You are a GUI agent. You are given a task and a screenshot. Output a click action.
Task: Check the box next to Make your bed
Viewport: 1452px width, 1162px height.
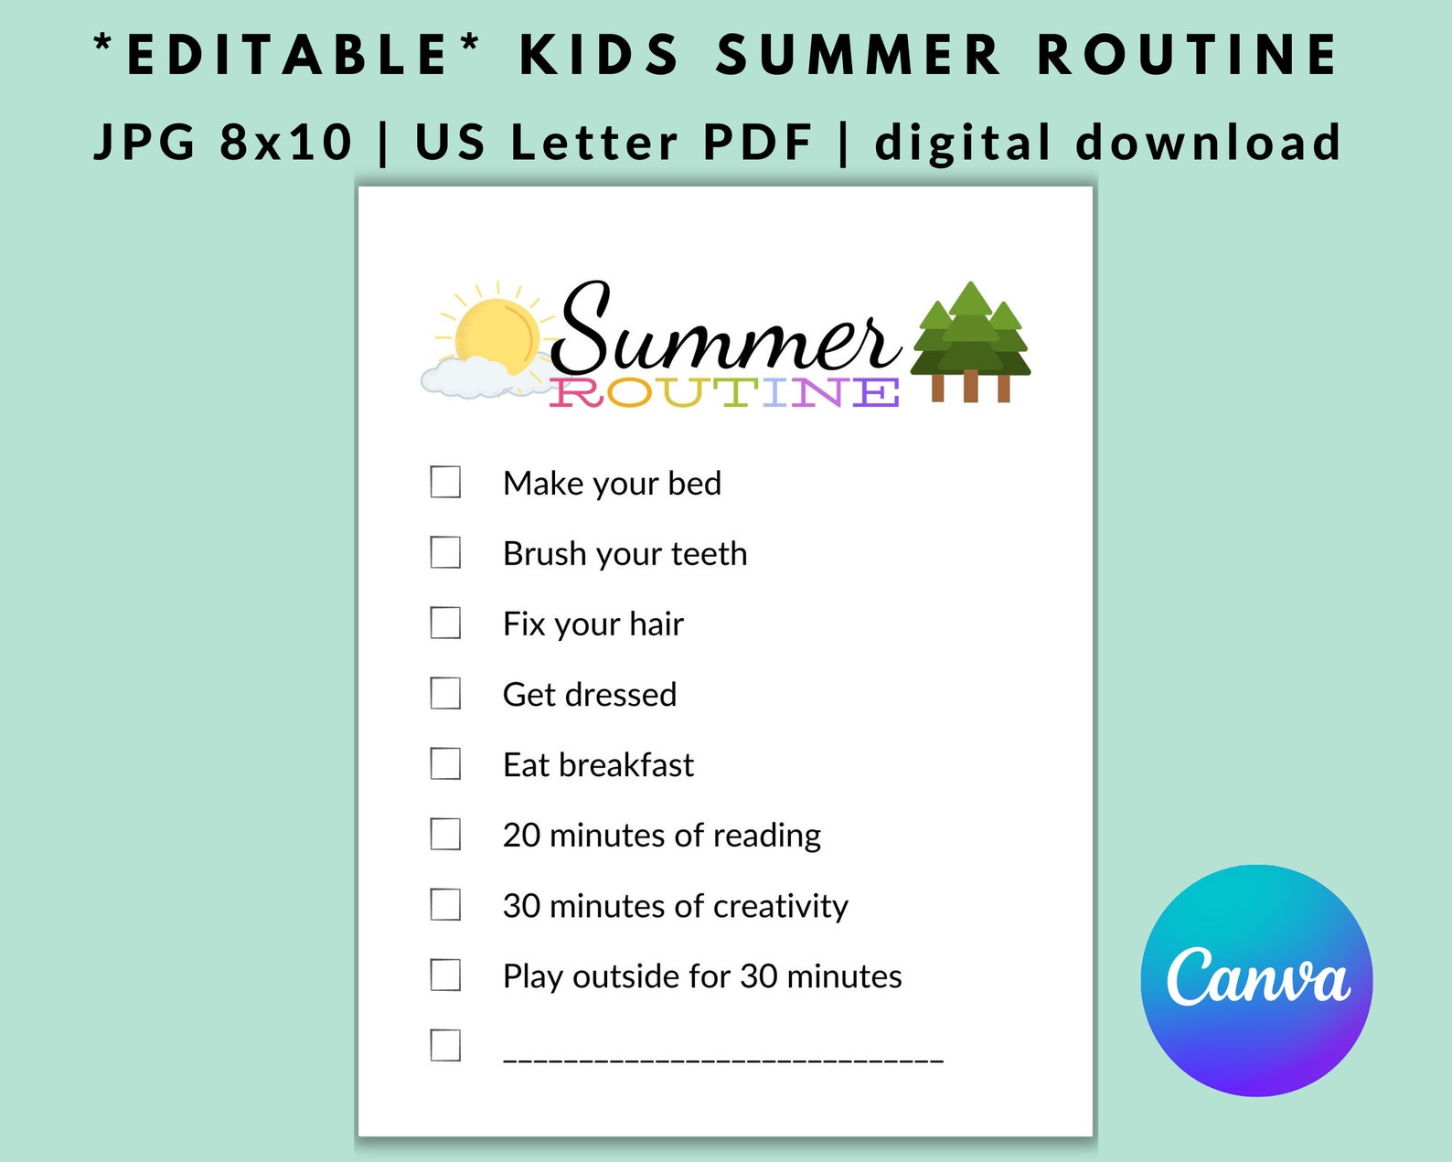point(445,482)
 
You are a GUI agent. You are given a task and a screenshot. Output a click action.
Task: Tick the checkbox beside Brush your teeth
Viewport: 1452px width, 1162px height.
point(445,552)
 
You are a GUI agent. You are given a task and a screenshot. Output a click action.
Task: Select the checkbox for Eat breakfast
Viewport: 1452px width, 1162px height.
point(445,763)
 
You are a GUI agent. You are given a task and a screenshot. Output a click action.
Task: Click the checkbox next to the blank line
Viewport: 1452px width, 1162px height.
point(445,1045)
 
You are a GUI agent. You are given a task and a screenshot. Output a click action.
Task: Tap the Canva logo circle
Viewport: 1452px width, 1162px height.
point(1256,980)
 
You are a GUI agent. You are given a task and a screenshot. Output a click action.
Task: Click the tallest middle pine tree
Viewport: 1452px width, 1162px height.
point(970,334)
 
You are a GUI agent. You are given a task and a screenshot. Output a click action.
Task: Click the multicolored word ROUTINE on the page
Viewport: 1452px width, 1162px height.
point(724,392)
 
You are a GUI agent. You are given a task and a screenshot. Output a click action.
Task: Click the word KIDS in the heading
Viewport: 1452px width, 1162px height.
point(600,54)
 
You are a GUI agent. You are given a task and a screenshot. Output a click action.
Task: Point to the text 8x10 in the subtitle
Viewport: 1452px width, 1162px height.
point(285,143)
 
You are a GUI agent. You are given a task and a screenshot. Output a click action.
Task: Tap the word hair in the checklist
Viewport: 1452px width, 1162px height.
point(656,624)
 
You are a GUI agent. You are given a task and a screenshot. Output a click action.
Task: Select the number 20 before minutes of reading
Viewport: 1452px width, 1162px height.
point(521,836)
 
